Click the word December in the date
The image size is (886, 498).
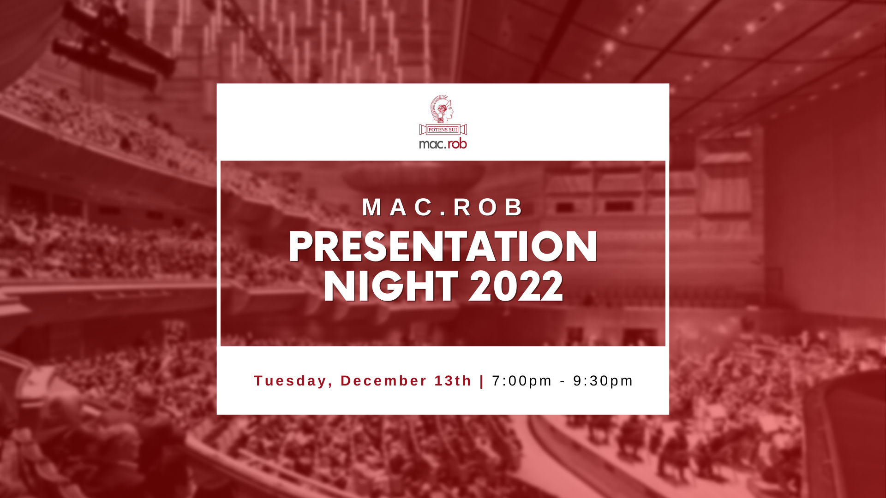pos(384,381)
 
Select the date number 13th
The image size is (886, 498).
pos(453,381)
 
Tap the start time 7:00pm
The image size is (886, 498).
pos(522,381)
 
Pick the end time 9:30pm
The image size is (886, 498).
pos(603,381)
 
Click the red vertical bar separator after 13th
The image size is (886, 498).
pos(482,381)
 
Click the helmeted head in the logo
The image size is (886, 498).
pos(442,109)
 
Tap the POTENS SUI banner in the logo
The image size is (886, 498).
pos(443,130)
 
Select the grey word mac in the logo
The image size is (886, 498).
pos(431,144)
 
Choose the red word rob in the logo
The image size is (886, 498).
pos(457,144)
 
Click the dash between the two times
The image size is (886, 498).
pos(563,382)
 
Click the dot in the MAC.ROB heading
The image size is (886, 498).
pos(443,214)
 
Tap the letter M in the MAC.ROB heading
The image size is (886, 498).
pos(372,207)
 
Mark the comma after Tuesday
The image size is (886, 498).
pos(331,385)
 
